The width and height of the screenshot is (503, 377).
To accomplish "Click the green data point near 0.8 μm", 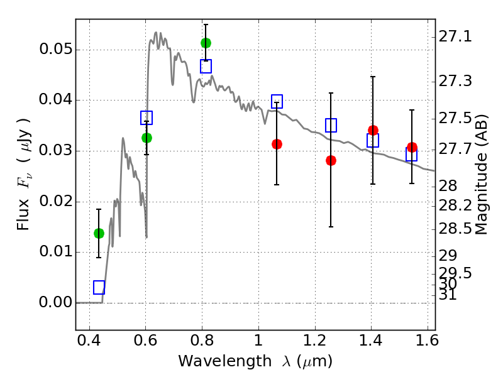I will [x=206, y=43].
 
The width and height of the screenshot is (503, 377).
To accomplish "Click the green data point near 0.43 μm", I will [x=99, y=233].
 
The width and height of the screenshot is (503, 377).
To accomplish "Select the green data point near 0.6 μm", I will [x=146, y=138].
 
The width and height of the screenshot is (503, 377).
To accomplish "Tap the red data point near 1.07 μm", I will [x=277, y=144].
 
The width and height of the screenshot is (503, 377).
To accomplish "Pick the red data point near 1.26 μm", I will [x=331, y=160].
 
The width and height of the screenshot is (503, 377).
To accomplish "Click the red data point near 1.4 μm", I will [x=373, y=130].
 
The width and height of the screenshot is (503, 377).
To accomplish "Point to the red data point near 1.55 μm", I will [x=412, y=147].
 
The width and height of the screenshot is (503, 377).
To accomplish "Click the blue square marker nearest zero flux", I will [x=99, y=287].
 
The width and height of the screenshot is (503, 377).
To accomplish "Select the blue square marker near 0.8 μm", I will [x=206, y=66].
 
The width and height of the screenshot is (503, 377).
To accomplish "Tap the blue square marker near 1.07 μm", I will [x=277, y=101].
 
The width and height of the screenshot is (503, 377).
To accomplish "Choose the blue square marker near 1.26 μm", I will [x=331, y=125].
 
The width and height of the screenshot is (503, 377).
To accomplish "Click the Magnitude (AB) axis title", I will [x=482, y=174].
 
